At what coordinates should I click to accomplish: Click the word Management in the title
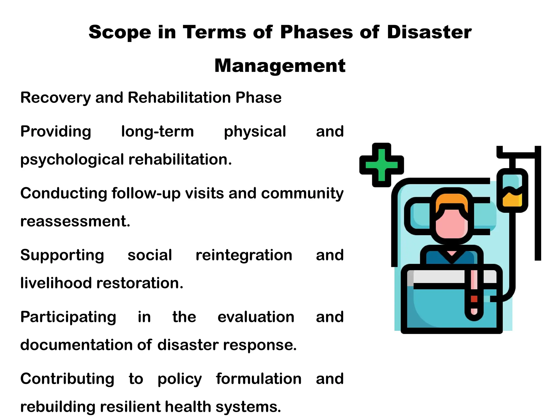(280, 66)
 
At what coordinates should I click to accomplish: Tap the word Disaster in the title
(429, 32)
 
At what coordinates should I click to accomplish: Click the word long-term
(157, 132)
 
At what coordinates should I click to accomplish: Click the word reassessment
(75, 221)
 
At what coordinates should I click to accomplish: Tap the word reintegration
(244, 255)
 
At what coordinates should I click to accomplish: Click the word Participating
(68, 317)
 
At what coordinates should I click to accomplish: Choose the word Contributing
(67, 379)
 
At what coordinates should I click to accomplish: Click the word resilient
(130, 407)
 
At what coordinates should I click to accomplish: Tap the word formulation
(259, 379)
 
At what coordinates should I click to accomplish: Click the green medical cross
(381, 165)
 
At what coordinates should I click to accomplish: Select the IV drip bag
(512, 190)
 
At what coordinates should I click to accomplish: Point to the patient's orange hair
(451, 201)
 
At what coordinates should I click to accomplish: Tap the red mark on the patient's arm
(474, 299)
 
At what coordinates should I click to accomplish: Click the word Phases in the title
(317, 32)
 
